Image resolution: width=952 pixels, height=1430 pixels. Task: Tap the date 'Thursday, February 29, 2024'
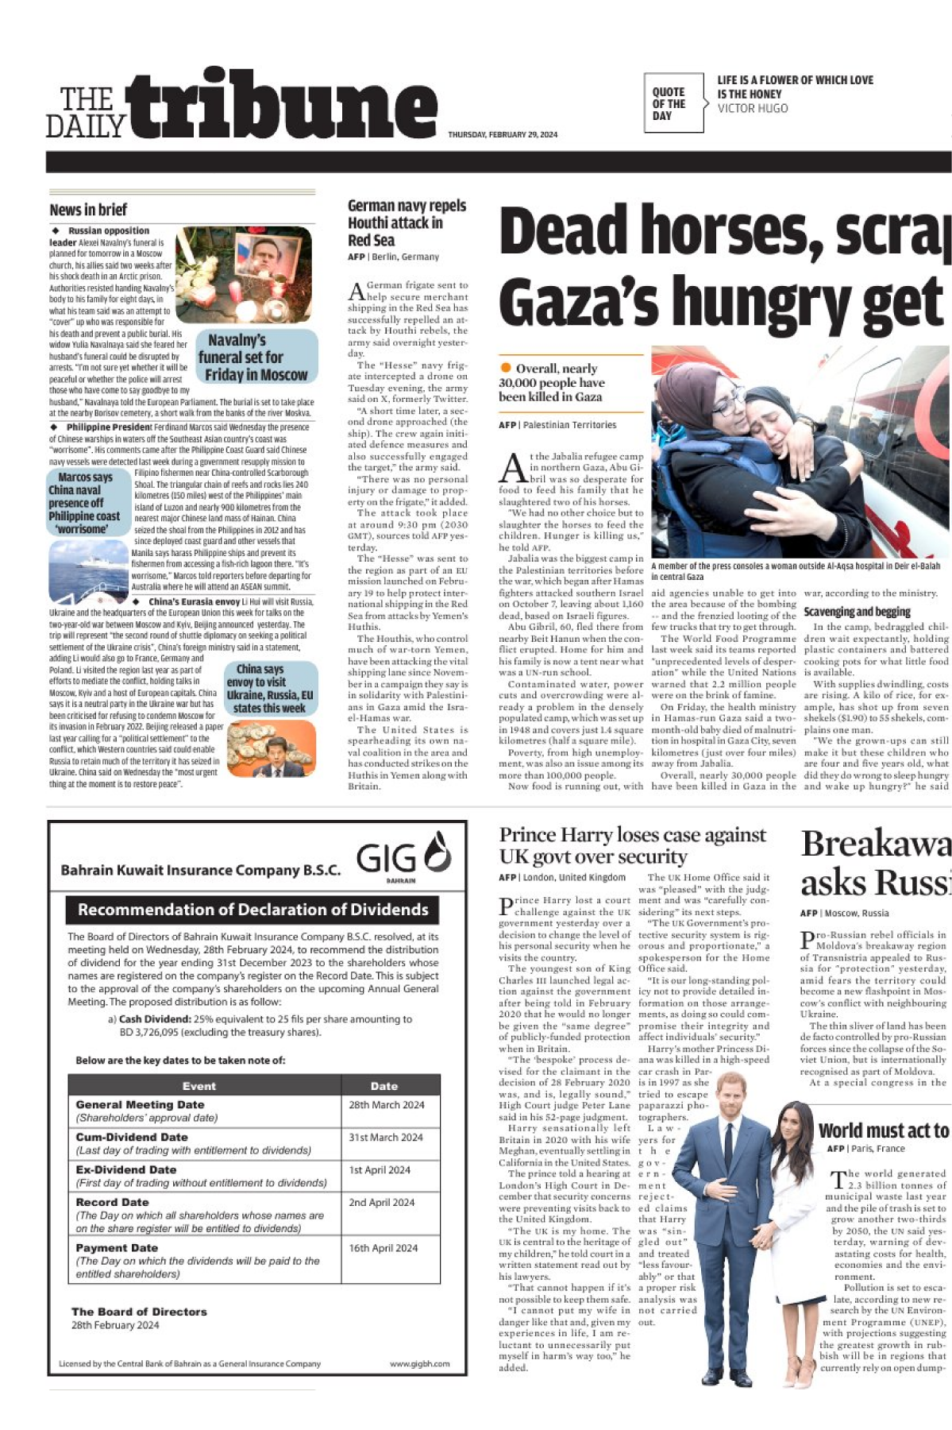coord(503,135)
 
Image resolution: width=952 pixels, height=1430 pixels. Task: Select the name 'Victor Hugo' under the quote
coord(752,108)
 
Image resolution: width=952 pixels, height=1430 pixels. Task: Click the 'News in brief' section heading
coord(88,210)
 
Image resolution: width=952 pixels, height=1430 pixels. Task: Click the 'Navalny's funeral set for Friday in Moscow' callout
coord(256,357)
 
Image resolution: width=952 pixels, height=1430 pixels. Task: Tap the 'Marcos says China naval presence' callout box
coord(86,503)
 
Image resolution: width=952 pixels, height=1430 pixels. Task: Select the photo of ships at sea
coord(88,570)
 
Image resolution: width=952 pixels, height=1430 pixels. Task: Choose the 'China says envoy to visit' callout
coord(270,688)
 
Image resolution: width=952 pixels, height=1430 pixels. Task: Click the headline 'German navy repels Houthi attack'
coord(407,222)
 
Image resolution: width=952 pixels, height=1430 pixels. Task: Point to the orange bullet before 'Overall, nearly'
coord(506,368)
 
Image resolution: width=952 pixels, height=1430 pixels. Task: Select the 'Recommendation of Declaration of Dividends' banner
coord(252,910)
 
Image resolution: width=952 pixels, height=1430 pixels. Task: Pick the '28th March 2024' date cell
coord(387,1104)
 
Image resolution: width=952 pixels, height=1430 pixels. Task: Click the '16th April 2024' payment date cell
coord(383,1248)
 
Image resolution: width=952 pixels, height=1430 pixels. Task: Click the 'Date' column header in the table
coord(383,1086)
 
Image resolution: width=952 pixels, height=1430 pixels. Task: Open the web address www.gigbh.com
coord(419,1364)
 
